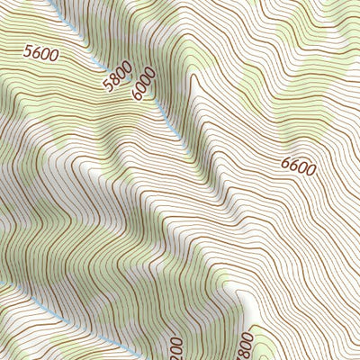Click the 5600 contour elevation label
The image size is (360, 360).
coord(40,55)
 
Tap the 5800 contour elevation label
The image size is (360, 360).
coord(118,76)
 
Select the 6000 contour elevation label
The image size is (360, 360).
coord(143,85)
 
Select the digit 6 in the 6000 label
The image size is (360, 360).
coord(137,94)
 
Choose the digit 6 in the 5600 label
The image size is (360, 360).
coord(36,54)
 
